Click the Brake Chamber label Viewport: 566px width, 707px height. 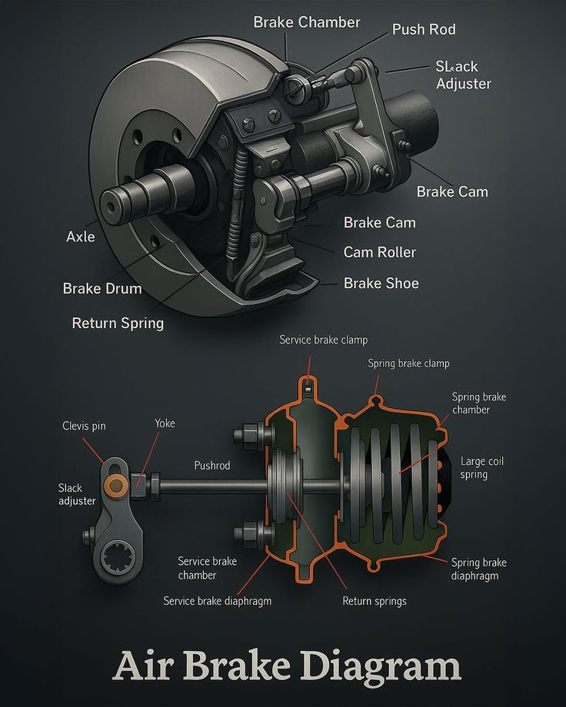[306, 22]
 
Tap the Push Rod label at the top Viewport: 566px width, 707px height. [424, 29]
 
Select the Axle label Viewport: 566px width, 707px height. [81, 237]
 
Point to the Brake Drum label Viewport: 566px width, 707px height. [102, 289]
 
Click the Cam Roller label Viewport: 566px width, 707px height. [379, 252]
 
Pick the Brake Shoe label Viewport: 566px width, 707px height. [381, 284]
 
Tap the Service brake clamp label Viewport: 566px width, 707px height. [323, 339]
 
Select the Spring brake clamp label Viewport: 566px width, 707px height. [408, 363]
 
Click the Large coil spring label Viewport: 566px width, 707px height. [482, 468]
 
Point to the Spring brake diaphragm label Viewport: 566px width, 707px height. [478, 569]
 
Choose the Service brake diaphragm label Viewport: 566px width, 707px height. [217, 601]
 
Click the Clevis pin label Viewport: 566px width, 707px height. [84, 426]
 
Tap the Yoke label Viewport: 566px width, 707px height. [165, 423]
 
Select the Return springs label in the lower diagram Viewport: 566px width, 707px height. [375, 601]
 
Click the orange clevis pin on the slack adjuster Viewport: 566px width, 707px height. [115, 484]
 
